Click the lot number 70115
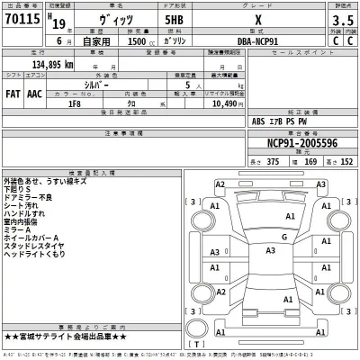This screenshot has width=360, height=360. coord(18,19)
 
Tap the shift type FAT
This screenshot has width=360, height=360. coord(13,92)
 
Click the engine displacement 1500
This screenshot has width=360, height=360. coord(127,42)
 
